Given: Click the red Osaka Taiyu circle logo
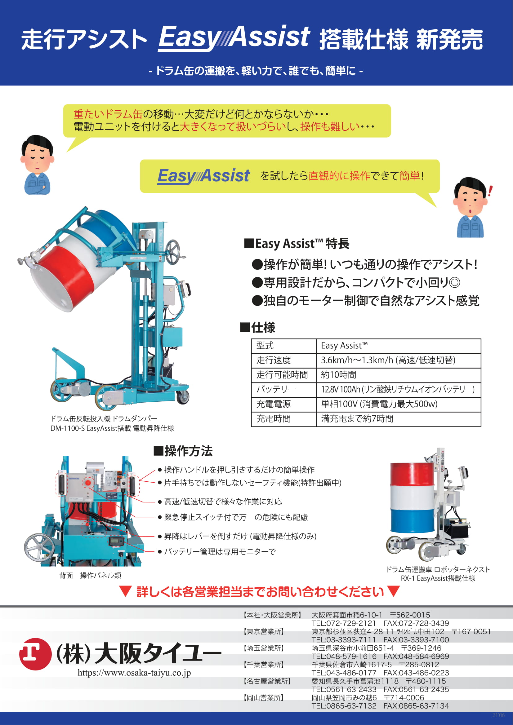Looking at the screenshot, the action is point(35,654).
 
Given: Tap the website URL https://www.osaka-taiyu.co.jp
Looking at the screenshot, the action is point(134,673).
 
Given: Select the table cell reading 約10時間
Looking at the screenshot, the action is point(339,375).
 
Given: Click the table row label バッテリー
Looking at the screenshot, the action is point(276,389).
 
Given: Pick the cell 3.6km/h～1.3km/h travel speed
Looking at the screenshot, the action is point(388,360).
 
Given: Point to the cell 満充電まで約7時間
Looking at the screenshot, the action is point(357,419).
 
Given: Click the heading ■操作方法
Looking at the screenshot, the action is point(183,451).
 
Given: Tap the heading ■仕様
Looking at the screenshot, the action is point(257,327).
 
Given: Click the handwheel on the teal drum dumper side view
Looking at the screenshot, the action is point(173,253).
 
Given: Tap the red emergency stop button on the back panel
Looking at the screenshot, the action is point(87,483).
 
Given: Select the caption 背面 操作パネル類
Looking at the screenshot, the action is point(90,575).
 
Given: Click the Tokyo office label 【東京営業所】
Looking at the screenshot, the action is point(263,631).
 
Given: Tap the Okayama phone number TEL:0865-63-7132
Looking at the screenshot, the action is point(344,706).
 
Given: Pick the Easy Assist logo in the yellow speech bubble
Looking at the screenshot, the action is point(203,176).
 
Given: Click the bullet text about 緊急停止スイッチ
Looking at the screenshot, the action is point(236,517).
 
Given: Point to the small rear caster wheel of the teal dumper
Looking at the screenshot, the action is point(183,397).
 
